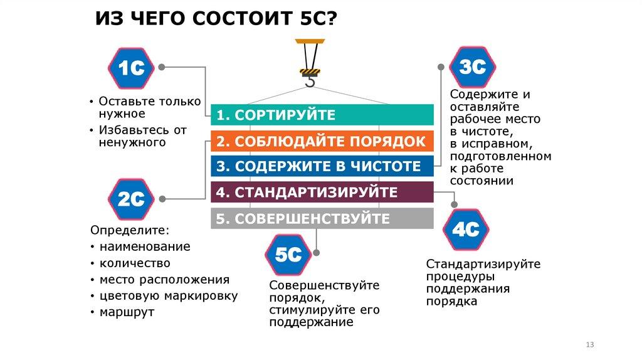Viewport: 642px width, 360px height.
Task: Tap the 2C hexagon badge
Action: [132, 199]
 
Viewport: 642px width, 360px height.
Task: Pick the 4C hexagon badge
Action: [466, 230]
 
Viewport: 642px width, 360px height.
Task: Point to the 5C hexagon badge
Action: [288, 255]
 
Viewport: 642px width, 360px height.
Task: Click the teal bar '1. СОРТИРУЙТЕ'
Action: [322, 115]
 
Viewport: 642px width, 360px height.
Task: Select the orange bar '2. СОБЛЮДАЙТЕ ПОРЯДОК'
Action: [322, 141]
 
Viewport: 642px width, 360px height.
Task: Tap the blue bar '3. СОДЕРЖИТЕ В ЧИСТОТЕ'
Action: [322, 166]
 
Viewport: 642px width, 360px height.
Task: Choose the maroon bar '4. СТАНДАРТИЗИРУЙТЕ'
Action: [322, 192]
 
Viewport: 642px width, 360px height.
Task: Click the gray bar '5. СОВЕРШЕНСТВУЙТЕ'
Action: [322, 218]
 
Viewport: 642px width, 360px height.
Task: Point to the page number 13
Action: [589, 345]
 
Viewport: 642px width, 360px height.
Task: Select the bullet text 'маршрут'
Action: [126, 312]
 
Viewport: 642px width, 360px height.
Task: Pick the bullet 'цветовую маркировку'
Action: [168, 295]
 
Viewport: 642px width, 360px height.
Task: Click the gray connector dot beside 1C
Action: [162, 66]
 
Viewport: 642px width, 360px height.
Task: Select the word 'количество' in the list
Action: [134, 263]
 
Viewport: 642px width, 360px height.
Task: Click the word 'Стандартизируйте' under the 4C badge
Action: [483, 264]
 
